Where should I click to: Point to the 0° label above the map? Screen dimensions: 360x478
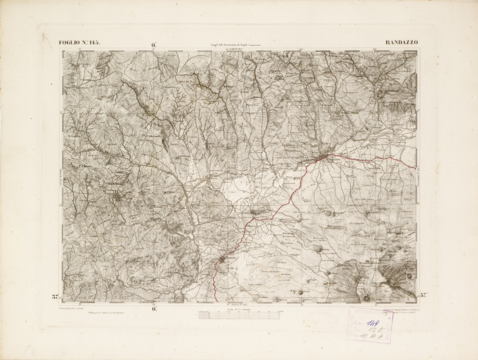tap(155, 45)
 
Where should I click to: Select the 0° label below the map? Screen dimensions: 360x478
tap(155, 308)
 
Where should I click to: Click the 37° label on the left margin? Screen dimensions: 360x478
tap(55, 297)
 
